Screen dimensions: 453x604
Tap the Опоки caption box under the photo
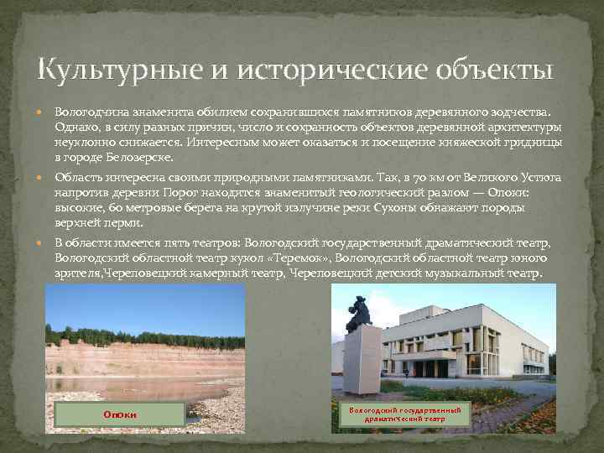[x=120, y=414]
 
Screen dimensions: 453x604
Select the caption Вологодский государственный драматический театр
[x=407, y=413]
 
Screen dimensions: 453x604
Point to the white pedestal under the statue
[x=361, y=357]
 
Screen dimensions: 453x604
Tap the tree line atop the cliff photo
[x=143, y=333]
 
